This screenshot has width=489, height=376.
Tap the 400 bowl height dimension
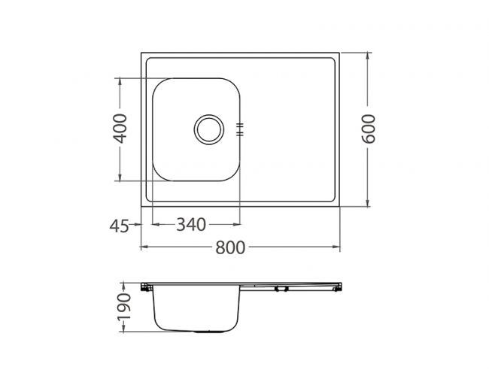tap(120, 129)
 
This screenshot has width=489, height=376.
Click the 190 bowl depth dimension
tap(125, 308)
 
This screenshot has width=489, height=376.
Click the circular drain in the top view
tap(208, 129)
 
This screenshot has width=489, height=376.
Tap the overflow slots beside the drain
tap(239, 129)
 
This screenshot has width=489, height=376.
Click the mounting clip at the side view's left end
tap(146, 287)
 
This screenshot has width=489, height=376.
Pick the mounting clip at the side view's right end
tap(339, 286)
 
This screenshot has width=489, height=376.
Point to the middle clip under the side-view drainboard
tap(281, 289)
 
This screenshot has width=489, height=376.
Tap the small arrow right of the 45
tap(137, 224)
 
